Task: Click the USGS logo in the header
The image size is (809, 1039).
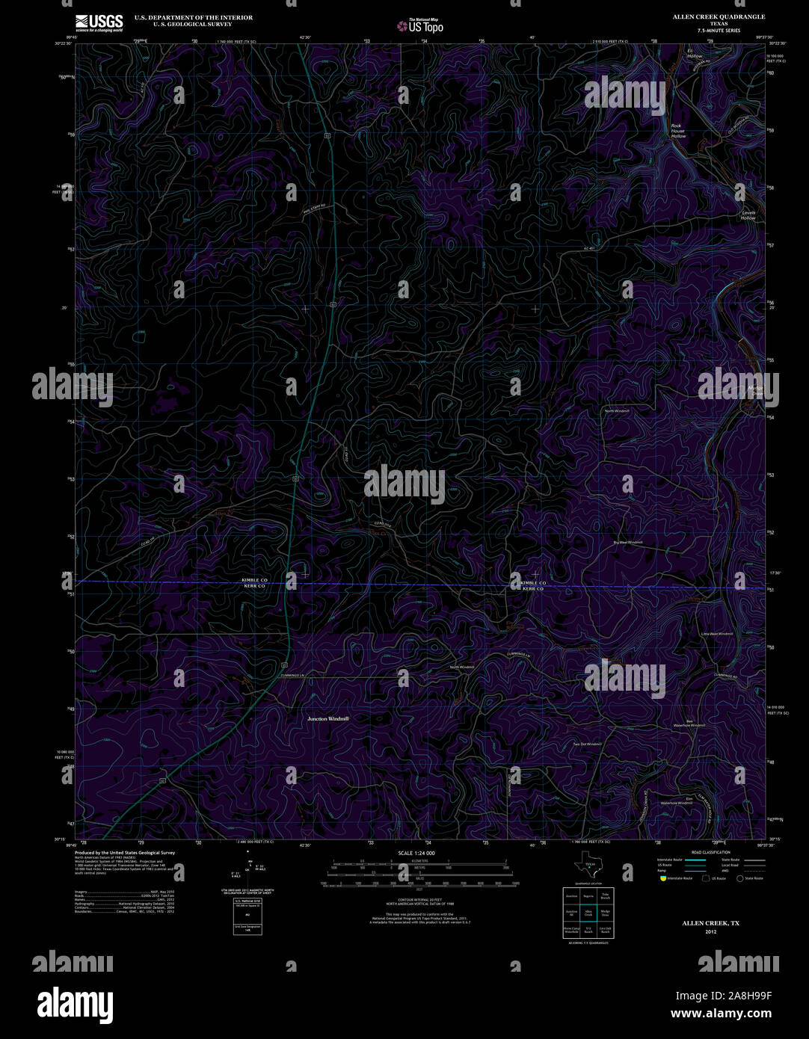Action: pyautogui.click(x=98, y=22)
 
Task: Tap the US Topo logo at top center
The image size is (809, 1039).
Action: pyautogui.click(x=420, y=26)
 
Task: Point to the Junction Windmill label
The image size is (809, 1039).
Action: pyautogui.click(x=328, y=718)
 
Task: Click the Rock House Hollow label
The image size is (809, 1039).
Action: pyautogui.click(x=677, y=131)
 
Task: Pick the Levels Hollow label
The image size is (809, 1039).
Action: pyautogui.click(x=748, y=215)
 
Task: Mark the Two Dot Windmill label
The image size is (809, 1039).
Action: pyautogui.click(x=587, y=744)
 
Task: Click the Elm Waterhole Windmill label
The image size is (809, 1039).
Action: pyautogui.click(x=676, y=801)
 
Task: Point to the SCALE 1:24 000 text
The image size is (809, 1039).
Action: pyautogui.click(x=416, y=853)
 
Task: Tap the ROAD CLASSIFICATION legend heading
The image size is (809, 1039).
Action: pyautogui.click(x=710, y=852)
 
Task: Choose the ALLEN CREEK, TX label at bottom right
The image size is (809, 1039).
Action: pyautogui.click(x=710, y=923)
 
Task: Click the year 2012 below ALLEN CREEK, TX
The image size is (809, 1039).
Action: pyautogui.click(x=710, y=931)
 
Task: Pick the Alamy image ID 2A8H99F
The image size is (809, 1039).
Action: pyautogui.click(x=723, y=996)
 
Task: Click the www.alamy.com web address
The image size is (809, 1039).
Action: pyautogui.click(x=721, y=1014)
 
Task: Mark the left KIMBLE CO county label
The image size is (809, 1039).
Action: pyautogui.click(x=254, y=581)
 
